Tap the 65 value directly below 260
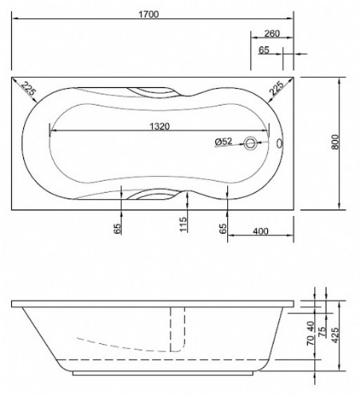coord(263,50)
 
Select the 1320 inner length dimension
coord(163,126)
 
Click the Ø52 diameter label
coord(223,142)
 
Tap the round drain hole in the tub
coord(253,144)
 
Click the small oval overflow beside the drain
coord(278,144)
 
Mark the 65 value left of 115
coord(117,230)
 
